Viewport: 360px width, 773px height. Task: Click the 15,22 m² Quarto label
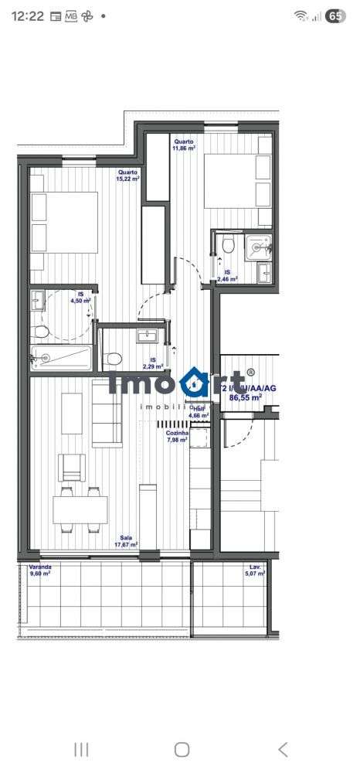128,175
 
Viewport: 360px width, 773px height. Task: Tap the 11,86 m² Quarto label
184,145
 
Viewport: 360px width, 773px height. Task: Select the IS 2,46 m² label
227,276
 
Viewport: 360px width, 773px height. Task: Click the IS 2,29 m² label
153,363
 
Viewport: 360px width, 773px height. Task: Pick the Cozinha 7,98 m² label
178,437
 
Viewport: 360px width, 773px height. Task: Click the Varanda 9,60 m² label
39,570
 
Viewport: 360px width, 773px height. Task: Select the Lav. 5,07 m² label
254,570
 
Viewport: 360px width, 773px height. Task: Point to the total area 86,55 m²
246,397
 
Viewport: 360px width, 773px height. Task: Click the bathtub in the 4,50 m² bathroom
61,356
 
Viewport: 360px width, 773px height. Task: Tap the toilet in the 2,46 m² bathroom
228,246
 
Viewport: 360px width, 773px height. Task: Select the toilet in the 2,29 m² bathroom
114,358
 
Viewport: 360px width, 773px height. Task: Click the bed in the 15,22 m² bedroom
64,222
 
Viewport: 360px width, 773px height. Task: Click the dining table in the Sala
80,508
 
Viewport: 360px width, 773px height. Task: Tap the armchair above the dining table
73,466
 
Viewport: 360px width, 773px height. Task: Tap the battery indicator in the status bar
336,15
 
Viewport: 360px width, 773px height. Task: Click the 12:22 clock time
28,15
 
